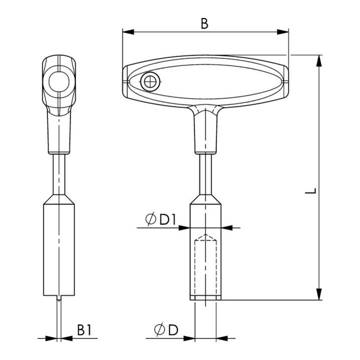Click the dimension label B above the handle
pyautogui.click(x=204, y=23)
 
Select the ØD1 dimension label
pyautogui.click(x=161, y=219)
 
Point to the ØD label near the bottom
pyautogui.click(x=166, y=329)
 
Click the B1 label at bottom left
pyautogui.click(x=84, y=330)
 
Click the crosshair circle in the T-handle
pyautogui.click(x=149, y=81)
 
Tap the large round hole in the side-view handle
pyautogui.click(x=59, y=81)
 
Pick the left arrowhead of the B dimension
pyautogui.click(x=128, y=32)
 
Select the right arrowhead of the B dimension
pyautogui.click(x=282, y=32)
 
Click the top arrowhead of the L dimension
pyautogui.click(x=319, y=61)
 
